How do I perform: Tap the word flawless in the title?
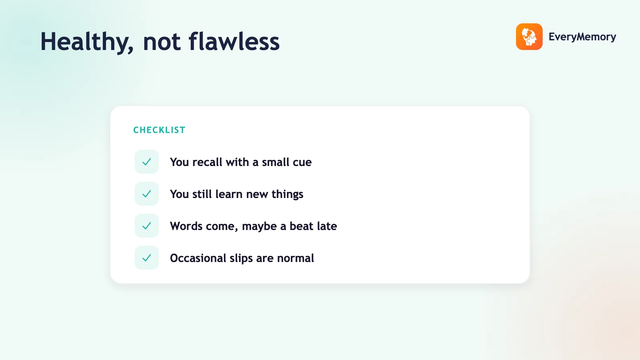pos(234,41)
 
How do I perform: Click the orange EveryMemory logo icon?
pos(529,36)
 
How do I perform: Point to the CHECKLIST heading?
pos(160,130)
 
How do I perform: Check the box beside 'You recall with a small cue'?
pos(146,162)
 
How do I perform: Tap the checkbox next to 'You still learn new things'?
pos(146,194)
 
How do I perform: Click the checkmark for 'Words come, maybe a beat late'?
pos(146,226)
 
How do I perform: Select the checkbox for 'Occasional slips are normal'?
pos(146,258)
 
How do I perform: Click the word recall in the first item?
pos(207,162)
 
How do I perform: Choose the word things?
pos(287,194)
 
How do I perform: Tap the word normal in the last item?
pos(296,258)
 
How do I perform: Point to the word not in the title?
pos(162,42)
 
